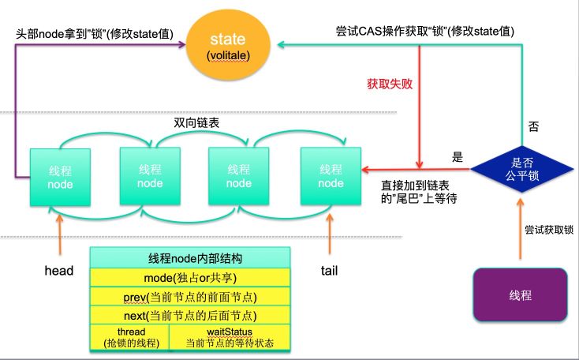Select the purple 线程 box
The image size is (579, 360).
point(520,294)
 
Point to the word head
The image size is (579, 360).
point(59,271)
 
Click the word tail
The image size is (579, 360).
point(329,271)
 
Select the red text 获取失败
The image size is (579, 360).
point(389,82)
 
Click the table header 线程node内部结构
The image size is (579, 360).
point(189,258)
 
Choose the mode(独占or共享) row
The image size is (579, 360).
point(189,277)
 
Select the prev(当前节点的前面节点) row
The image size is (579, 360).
point(189,297)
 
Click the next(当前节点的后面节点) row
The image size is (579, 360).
point(189,315)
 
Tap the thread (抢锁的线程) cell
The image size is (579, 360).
point(131,337)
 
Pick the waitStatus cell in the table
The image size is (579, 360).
point(229,337)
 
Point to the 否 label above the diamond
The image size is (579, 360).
point(532,126)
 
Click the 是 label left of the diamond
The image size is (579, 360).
point(457,157)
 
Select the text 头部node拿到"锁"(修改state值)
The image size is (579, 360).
point(95,35)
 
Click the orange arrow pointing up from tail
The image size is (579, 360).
point(329,233)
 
